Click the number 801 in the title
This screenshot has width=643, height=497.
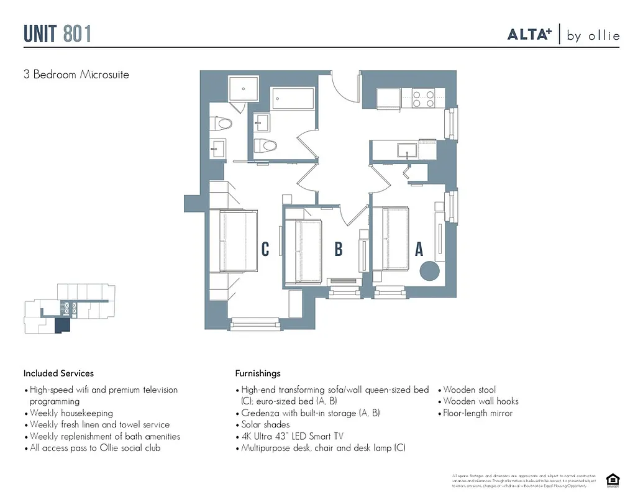coord(77,34)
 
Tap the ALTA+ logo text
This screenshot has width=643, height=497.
coord(529,35)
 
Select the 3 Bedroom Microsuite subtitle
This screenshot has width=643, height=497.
coord(76,75)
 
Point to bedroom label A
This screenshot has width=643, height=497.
coord(419,250)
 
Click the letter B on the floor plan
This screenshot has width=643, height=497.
coord(339,250)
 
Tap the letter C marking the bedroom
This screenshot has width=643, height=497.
coord(265,250)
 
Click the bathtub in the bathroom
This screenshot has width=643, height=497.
coord(292,99)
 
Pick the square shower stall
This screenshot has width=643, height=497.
coord(244,88)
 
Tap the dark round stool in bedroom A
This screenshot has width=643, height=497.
coord(429,271)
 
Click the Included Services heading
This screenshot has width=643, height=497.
coord(59,373)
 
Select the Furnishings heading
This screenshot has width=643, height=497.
coord(258,373)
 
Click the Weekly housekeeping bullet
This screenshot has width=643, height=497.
coord(71,413)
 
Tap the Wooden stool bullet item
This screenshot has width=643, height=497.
coord(469,390)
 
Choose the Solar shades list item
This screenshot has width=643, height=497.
coord(265,425)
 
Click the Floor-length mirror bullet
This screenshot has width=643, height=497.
coord(478,413)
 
